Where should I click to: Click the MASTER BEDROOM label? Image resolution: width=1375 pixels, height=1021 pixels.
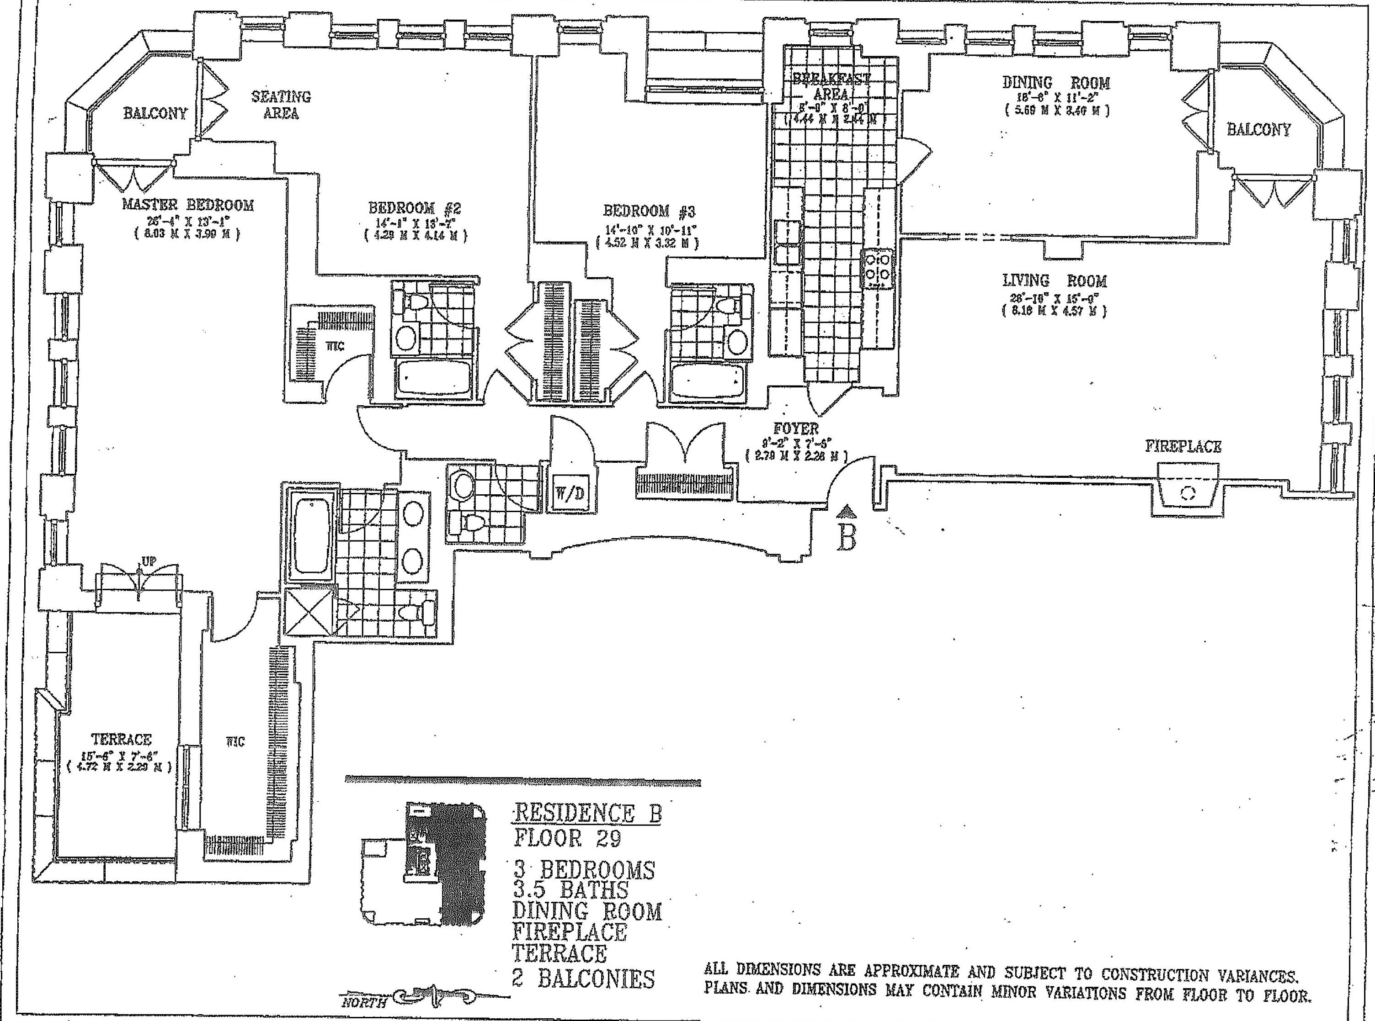click(x=187, y=205)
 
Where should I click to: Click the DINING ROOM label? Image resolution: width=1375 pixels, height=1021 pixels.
click(x=1056, y=83)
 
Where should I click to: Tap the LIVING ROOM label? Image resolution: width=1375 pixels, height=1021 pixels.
click(x=1055, y=281)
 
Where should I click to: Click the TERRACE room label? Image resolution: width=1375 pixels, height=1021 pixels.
click(x=121, y=739)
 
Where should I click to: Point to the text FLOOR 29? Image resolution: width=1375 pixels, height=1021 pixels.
click(x=568, y=838)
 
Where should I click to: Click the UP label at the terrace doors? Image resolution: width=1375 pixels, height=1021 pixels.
click(x=149, y=561)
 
